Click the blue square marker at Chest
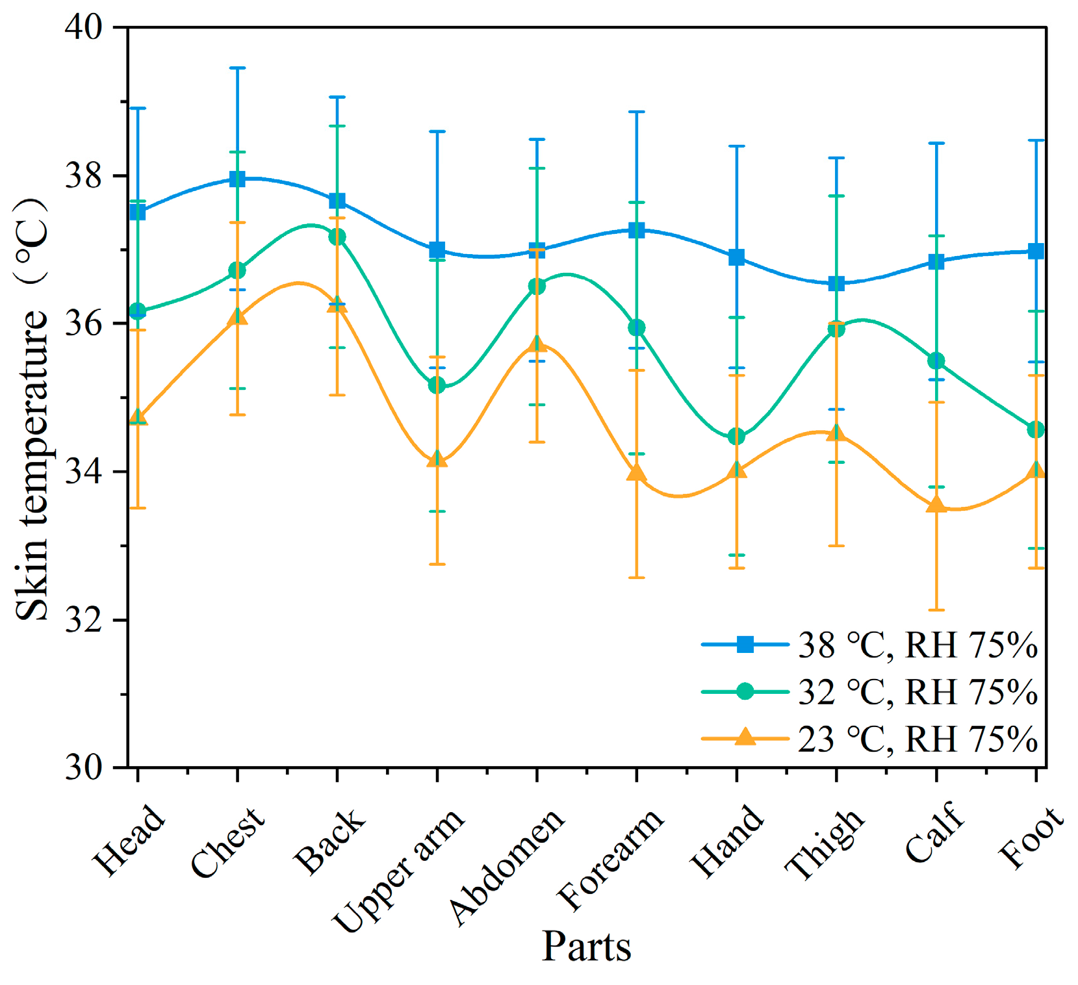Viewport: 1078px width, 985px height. tap(237, 179)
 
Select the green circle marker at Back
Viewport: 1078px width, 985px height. tap(337, 237)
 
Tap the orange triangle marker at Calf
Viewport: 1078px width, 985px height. tap(936, 505)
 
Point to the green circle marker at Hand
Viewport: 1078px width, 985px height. tap(736, 437)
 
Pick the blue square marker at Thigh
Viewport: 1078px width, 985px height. tap(836, 283)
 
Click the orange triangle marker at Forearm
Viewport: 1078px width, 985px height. tap(637, 473)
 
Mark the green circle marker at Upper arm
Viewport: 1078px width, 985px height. tap(437, 385)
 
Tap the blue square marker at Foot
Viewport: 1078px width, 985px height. tap(1036, 251)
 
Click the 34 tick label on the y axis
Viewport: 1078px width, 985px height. tap(84, 472)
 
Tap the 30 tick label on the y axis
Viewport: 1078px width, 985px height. tap(84, 768)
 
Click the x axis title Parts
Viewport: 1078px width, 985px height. tap(586, 946)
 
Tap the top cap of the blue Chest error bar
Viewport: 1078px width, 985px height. tap(237, 68)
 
